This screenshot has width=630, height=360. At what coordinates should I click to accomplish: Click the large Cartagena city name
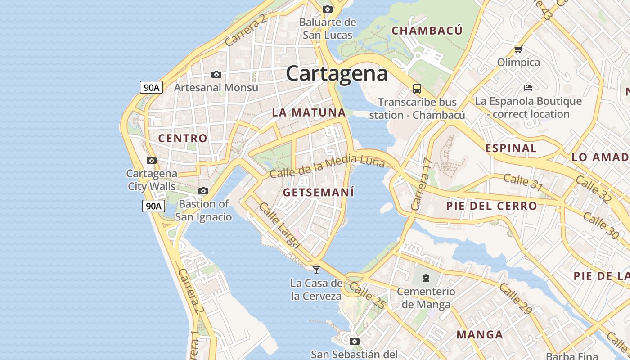click(337, 73)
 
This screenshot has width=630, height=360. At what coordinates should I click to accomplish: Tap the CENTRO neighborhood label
click(183, 138)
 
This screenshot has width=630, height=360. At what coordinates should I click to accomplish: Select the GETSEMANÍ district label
click(319, 192)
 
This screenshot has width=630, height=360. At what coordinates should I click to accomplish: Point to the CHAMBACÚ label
click(427, 31)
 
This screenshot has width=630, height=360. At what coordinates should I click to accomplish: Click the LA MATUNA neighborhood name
click(309, 112)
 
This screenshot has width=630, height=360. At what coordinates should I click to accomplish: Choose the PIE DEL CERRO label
click(491, 206)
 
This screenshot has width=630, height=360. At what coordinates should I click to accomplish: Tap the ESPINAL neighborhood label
click(511, 148)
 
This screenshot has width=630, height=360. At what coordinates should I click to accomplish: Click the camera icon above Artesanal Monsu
click(216, 74)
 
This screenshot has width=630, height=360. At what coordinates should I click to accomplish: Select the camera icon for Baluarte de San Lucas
click(328, 9)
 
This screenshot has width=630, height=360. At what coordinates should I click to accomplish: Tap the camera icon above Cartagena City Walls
click(152, 160)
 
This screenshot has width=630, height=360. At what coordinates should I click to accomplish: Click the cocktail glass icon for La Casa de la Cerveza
click(316, 270)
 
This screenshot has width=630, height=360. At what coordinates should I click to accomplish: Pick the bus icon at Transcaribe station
click(417, 89)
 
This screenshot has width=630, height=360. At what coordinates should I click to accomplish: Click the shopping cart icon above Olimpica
click(518, 49)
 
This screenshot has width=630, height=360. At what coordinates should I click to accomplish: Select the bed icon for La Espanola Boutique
click(528, 87)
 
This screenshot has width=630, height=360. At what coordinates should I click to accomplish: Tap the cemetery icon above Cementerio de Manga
click(426, 278)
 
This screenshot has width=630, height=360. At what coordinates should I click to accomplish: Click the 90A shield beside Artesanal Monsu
click(151, 87)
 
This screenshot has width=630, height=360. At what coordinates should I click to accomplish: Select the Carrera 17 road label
click(421, 184)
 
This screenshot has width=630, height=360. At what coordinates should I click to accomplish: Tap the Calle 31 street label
click(523, 181)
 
